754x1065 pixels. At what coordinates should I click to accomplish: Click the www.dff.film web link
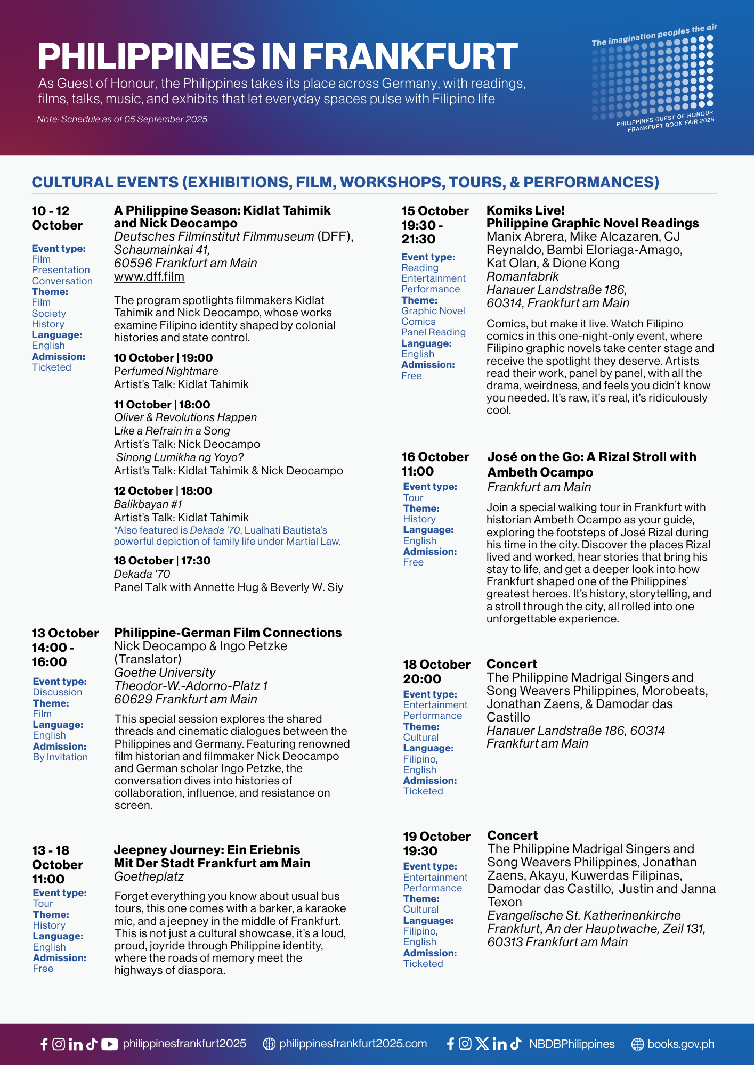(149, 277)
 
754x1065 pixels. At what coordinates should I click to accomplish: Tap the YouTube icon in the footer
(109, 1044)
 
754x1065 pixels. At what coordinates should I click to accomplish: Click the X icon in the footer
(482, 1044)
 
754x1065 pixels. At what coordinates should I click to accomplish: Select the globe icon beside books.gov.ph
(637, 1044)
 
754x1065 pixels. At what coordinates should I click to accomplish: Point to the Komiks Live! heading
(525, 210)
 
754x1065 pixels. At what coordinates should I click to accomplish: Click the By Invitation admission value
(60, 757)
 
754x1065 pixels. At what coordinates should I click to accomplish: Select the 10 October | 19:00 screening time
(163, 358)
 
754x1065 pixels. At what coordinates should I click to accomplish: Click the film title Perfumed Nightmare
(166, 371)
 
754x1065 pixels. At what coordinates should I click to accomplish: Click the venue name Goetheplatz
(149, 876)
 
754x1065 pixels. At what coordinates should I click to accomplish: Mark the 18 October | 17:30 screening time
(162, 561)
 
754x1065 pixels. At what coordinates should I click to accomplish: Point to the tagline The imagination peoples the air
(654, 35)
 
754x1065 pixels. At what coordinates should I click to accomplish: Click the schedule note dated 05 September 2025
(123, 119)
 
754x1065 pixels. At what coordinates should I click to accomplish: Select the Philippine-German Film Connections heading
(228, 633)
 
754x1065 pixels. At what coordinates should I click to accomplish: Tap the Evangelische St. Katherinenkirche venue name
(583, 915)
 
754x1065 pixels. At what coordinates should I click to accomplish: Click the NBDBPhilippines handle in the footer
(572, 1044)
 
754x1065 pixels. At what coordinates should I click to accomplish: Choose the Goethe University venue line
(165, 673)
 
